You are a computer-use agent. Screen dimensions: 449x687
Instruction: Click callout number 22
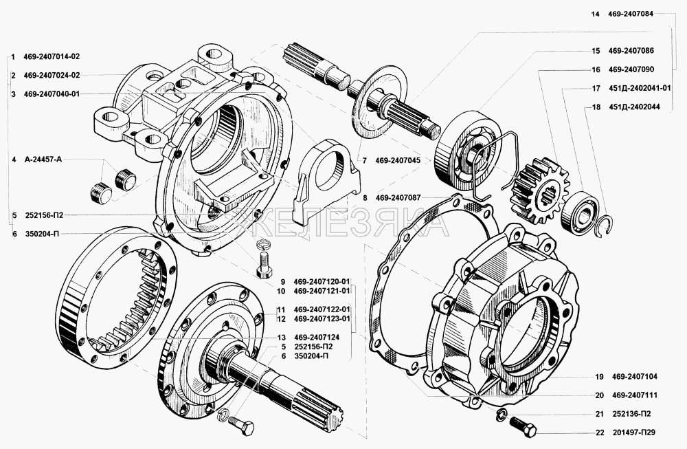pyautogui.click(x=599, y=432)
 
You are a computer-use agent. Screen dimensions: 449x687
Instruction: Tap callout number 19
pyautogui.click(x=599, y=377)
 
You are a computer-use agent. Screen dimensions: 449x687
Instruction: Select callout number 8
pyautogui.click(x=365, y=197)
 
